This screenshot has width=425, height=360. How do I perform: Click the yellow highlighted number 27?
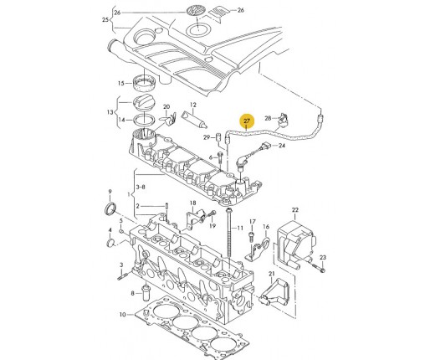pyautogui.click(x=247, y=121)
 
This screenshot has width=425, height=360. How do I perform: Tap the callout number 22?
pyautogui.click(x=295, y=210)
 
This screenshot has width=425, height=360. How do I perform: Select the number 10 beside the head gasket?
pyautogui.click(x=123, y=315)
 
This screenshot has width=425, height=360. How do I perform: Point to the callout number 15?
pyautogui.click(x=120, y=83)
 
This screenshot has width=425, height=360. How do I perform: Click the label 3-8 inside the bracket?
pyautogui.click(x=141, y=187)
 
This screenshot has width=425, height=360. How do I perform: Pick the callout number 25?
pyautogui.click(x=105, y=20)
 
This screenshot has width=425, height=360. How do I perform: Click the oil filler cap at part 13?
pyautogui.click(x=144, y=103)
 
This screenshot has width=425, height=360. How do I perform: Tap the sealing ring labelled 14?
pyautogui.click(x=144, y=120)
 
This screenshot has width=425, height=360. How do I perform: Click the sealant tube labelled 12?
pyautogui.click(x=195, y=120)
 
